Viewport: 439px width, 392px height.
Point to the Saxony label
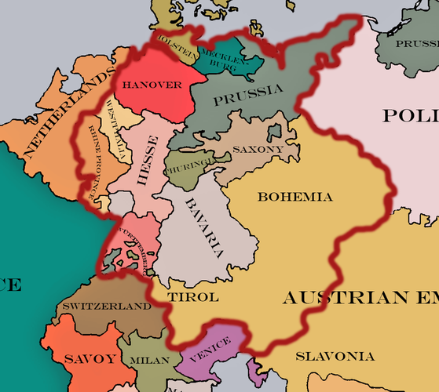(x=258, y=148)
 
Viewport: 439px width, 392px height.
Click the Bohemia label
(x=294, y=197)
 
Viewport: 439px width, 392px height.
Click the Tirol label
(x=193, y=298)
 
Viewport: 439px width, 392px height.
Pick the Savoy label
(x=79, y=358)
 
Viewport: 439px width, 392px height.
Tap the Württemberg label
(x=138, y=246)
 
